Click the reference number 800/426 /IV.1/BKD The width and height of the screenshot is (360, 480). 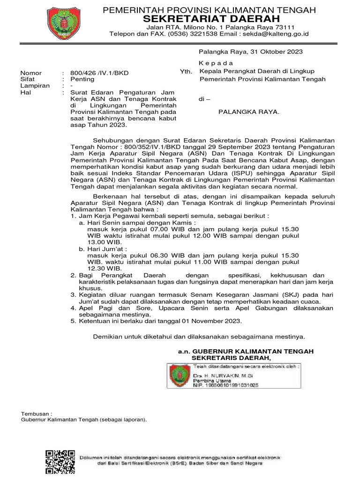click(99, 73)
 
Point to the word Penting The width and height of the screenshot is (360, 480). click(82, 80)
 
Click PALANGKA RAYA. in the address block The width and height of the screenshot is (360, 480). click(249, 112)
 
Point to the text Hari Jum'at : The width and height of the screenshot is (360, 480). click(106, 248)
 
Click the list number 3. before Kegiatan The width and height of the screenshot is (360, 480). click(73, 294)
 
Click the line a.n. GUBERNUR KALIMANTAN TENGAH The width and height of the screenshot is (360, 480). click(246, 351)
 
